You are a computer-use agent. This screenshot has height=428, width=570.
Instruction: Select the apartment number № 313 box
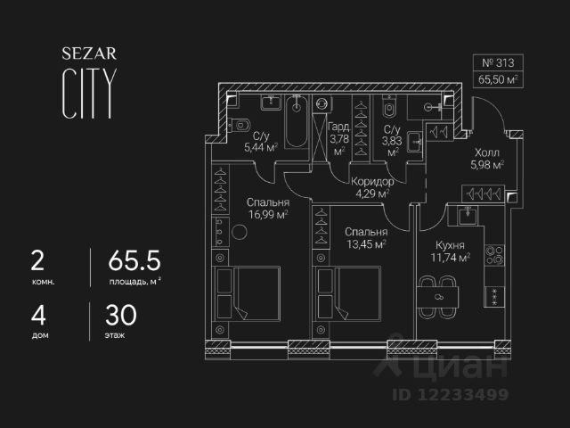498,63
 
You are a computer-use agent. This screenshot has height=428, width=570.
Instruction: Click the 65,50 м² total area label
498,79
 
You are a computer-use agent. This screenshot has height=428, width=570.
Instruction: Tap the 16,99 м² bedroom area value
268,214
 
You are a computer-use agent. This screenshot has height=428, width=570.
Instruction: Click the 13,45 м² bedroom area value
366,243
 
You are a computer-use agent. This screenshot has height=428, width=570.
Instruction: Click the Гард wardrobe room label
338,127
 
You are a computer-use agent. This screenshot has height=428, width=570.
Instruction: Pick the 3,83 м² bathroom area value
393,139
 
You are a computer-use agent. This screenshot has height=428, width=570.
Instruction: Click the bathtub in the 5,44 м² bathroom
297,116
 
